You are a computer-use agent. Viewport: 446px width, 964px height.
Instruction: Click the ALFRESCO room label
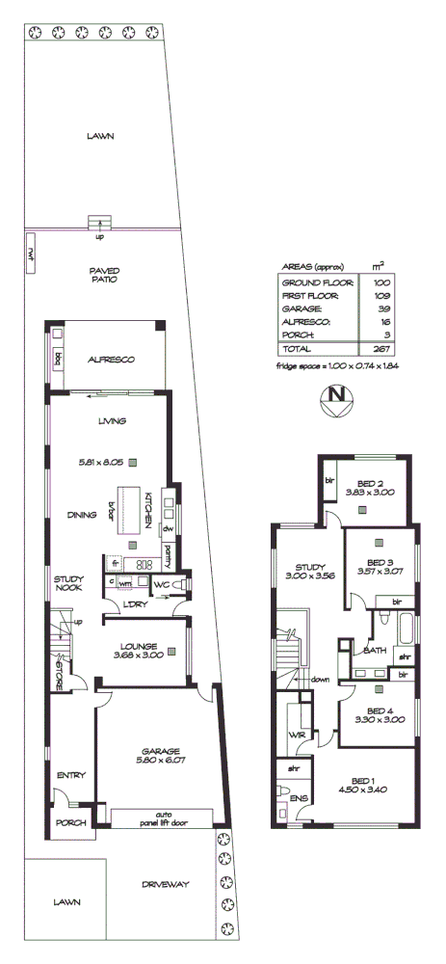[x=112, y=359]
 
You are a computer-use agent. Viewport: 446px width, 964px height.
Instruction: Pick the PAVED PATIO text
[x=103, y=275]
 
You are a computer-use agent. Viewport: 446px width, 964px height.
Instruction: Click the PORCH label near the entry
[x=71, y=822]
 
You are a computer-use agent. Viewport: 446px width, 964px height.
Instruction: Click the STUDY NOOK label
[x=69, y=583]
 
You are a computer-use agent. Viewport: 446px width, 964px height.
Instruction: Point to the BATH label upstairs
[x=376, y=651]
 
